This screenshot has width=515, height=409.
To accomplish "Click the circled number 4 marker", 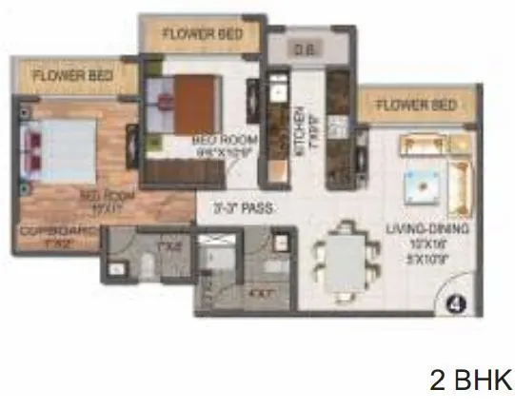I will [454, 304].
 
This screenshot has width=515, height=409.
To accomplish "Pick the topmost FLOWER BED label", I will [202, 34].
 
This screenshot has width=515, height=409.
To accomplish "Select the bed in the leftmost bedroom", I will [61, 150].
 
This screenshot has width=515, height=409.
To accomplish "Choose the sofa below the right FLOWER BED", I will [422, 145].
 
